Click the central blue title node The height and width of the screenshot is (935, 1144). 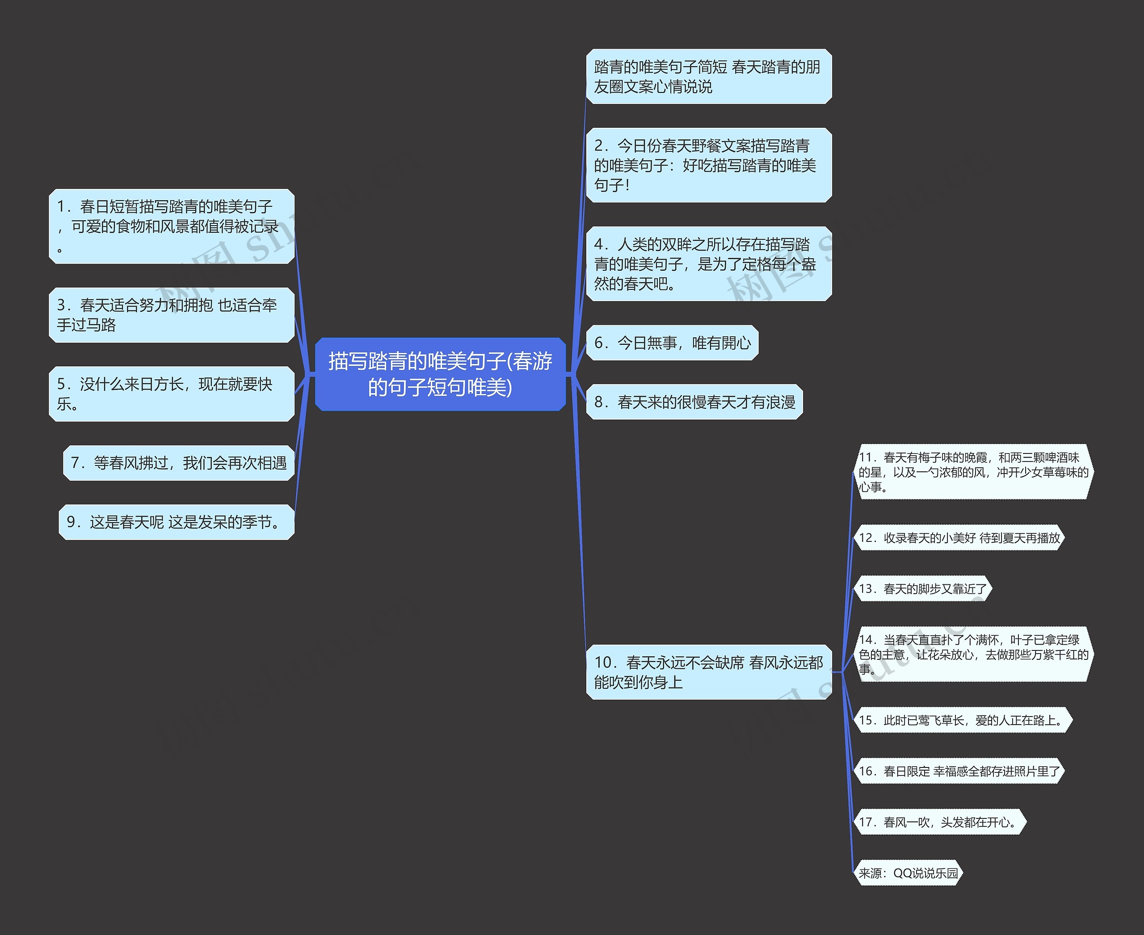click(440, 374)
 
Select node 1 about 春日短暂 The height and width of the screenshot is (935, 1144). click(171, 226)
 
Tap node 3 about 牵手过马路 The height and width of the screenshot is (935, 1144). click(171, 315)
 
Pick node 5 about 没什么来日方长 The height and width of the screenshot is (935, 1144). click(171, 394)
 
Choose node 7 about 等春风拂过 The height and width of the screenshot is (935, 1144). click(179, 463)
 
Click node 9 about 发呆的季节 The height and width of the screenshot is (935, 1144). click(176, 522)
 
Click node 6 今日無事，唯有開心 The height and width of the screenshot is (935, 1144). click(672, 343)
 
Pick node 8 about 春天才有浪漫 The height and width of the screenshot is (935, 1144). click(694, 402)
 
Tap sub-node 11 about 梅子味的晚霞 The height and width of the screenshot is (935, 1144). click(973, 472)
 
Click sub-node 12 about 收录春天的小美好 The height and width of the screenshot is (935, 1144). click(959, 537)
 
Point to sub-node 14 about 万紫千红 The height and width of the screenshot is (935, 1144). click(973, 654)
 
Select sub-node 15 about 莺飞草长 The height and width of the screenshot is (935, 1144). click(963, 720)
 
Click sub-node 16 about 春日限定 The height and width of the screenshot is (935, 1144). click(959, 771)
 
